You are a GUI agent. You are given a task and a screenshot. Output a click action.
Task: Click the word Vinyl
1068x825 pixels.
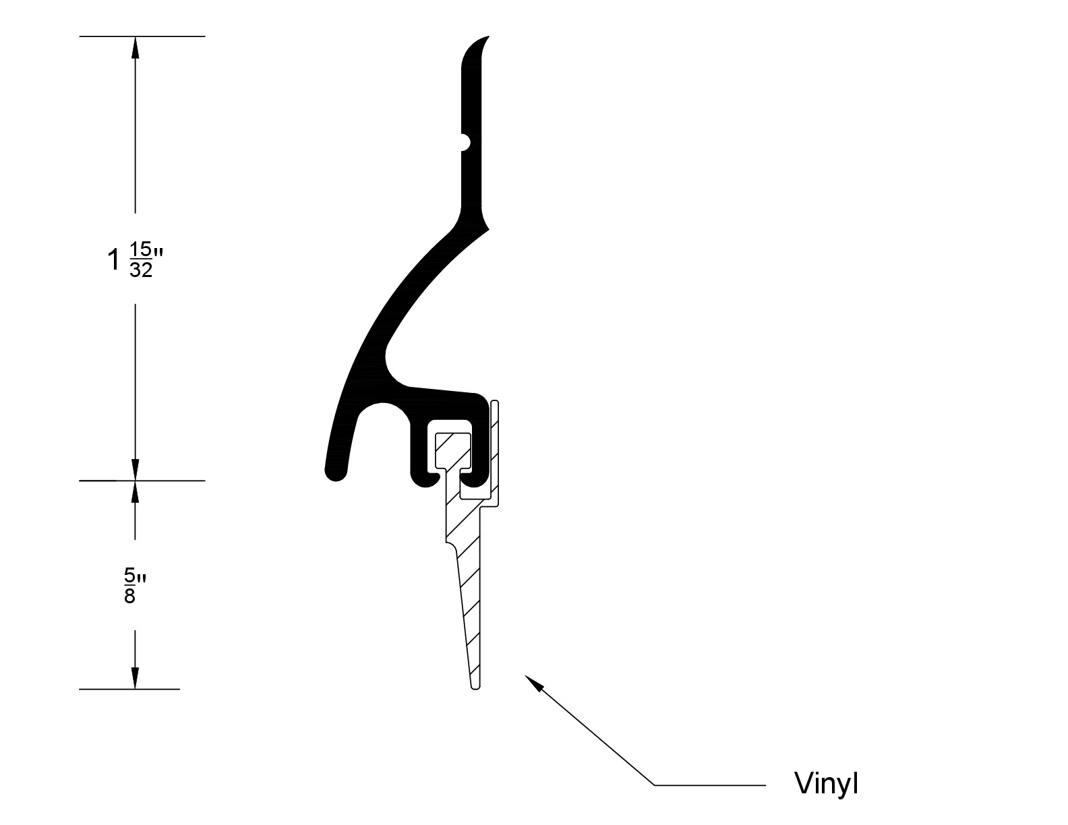826,784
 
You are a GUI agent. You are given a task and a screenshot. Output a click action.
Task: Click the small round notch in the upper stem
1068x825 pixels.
465,142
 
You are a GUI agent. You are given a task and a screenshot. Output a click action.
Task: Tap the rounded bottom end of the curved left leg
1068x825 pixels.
336,472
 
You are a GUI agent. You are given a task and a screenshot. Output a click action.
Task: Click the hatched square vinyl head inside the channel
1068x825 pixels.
453,450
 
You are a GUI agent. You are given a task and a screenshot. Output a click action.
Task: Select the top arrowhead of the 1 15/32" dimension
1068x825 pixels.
136,47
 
